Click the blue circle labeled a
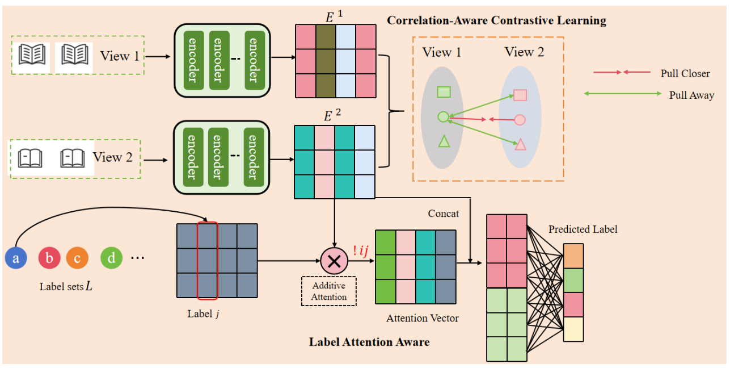tap(16, 258)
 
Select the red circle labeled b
tap(49, 258)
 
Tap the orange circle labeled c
tap(77, 258)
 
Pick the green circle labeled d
tap(111, 258)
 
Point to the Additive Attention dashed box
tap(329, 291)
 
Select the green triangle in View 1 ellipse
tap(444, 141)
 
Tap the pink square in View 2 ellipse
tap(520, 95)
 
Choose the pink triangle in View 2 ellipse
tap(520, 145)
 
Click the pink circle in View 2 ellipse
tap(520, 120)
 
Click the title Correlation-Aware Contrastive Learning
tap(496, 21)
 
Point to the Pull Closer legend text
tap(685, 74)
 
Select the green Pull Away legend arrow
tap(623, 94)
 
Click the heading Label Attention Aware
tap(369, 342)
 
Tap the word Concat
tap(444, 213)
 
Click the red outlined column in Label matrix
tap(207, 261)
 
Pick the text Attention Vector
tap(423, 318)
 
